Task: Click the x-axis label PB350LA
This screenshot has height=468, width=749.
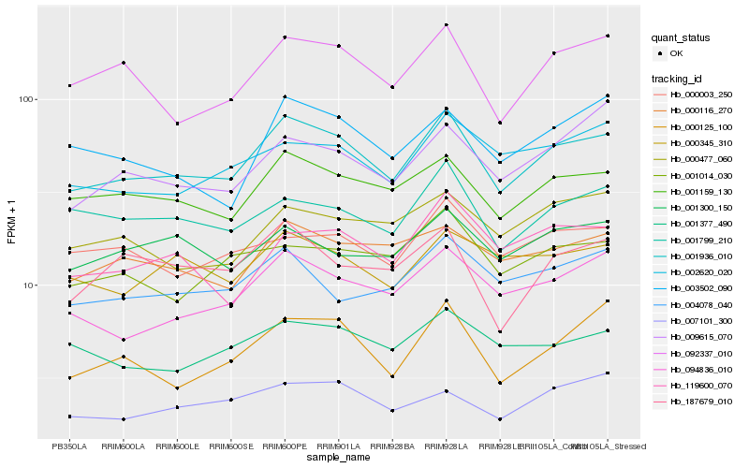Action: [69, 446]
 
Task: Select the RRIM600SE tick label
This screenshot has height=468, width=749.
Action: [230, 446]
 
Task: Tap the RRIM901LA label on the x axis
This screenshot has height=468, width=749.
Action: [338, 446]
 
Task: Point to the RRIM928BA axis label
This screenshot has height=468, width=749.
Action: [392, 446]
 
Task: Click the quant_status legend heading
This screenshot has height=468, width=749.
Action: [681, 37]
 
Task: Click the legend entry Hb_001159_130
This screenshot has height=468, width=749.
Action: [700, 191]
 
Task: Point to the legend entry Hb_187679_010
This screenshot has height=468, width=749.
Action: [700, 402]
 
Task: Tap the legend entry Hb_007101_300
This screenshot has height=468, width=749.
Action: [700, 320]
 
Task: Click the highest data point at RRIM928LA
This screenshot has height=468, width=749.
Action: [447, 24]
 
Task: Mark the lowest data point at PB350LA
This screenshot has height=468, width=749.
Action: [69, 417]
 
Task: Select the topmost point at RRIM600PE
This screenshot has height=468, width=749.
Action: [285, 37]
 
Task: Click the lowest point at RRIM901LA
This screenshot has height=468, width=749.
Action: [338, 382]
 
